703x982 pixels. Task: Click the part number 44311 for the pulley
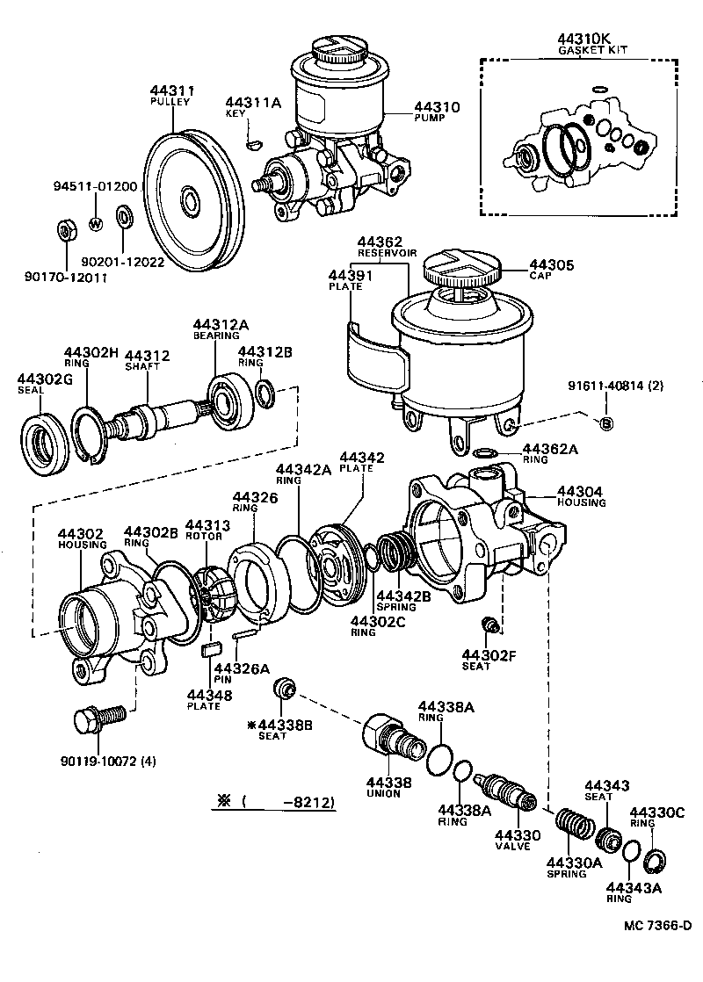pos(171,90)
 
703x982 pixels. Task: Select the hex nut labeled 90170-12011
pos(63,232)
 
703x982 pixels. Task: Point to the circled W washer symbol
pos(96,223)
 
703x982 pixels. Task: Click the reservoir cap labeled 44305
pos(460,264)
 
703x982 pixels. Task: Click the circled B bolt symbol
pos(605,424)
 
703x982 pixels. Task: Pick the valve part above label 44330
pos(506,791)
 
